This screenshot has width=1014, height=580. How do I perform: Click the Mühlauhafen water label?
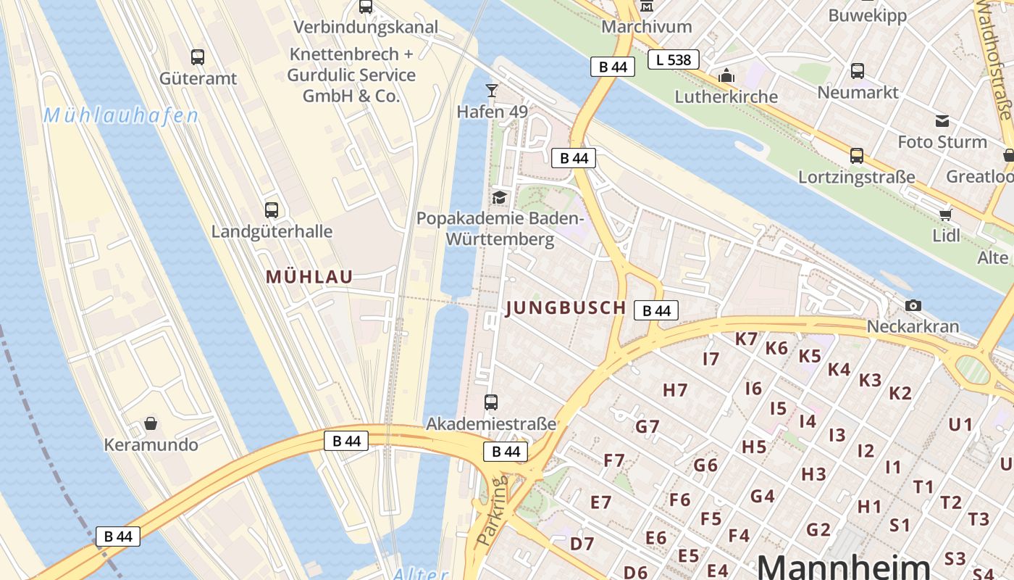[120, 115]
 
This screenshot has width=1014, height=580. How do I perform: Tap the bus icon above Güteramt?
[197, 57]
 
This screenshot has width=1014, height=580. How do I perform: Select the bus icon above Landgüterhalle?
[272, 210]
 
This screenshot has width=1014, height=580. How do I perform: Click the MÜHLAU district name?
[309, 276]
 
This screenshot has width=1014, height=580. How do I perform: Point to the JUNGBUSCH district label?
[566, 307]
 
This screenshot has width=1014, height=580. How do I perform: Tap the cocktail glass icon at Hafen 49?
[492, 90]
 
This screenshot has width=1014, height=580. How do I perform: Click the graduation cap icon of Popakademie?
[499, 197]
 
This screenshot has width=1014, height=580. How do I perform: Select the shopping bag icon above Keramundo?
[151, 423]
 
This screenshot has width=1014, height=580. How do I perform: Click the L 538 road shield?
[673, 59]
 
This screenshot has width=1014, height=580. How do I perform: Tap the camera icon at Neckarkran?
[913, 305]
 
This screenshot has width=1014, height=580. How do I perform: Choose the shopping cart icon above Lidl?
[945, 214]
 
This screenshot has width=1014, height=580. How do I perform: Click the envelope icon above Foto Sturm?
[942, 120]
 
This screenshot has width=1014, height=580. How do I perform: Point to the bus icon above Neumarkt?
[858, 71]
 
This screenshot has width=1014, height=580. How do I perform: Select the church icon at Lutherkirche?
[726, 75]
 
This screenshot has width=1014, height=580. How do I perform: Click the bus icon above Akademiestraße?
[491, 402]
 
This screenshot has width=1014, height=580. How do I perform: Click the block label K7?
[746, 339]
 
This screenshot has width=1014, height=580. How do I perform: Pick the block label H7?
[675, 390]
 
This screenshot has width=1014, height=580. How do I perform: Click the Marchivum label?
[647, 27]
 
